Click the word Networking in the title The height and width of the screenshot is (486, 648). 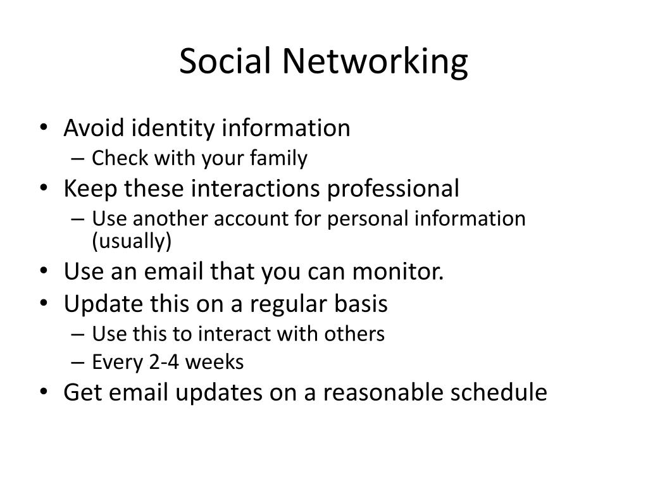pos(375,61)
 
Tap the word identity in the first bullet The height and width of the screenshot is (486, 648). pos(173,128)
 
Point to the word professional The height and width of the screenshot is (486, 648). pos(393,189)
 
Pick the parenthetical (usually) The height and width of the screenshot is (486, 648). pos(132,241)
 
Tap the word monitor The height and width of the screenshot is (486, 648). pos(397,271)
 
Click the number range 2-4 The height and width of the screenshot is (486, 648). pos(164,362)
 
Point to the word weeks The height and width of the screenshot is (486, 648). pos(215,362)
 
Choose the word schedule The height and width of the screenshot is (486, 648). pos(499,392)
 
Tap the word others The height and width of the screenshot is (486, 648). pos(354,333)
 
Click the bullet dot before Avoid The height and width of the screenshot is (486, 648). pos(44,128)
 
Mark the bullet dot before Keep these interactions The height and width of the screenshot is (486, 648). pos(44,189)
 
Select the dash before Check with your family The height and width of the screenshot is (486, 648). pos(78,159)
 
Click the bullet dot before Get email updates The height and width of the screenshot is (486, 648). pos(44,392)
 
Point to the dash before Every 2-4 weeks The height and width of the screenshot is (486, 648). pos(78,363)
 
